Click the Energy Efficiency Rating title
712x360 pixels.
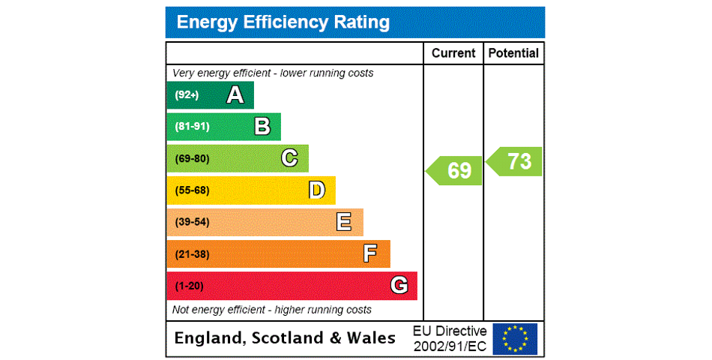(283, 22)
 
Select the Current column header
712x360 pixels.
(453, 53)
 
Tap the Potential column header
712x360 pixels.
(513, 53)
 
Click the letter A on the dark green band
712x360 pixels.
(235, 95)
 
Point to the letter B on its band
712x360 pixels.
(262, 127)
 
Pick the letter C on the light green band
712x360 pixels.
(289, 158)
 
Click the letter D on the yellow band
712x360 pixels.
(317, 190)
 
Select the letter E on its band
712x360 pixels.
(344, 222)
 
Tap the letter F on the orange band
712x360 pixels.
(370, 253)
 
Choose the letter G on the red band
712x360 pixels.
(399, 286)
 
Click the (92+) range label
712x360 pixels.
(187, 95)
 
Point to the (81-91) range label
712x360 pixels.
(192, 127)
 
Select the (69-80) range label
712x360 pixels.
(192, 158)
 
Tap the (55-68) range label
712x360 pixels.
(192, 190)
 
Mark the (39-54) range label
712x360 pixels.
(192, 222)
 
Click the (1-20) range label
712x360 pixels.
(189, 286)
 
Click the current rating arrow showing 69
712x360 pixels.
(455, 170)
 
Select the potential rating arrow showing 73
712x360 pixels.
(515, 161)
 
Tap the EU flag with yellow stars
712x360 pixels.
(515, 338)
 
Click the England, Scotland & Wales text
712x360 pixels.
(285, 338)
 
